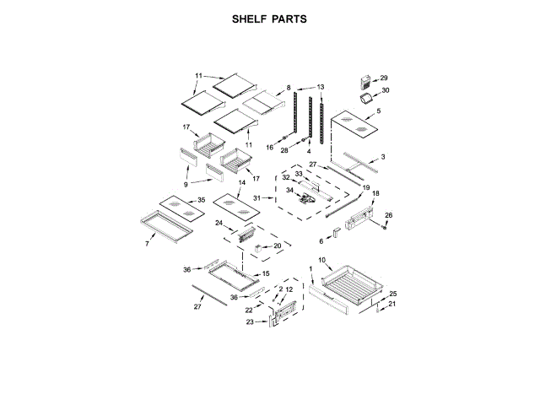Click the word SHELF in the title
[250, 18]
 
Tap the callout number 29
[383, 78]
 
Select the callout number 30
[386, 90]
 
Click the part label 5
[378, 111]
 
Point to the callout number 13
[321, 87]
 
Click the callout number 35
[201, 200]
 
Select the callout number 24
[218, 224]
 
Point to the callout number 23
[250, 321]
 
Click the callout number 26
[389, 215]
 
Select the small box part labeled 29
[366, 81]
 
